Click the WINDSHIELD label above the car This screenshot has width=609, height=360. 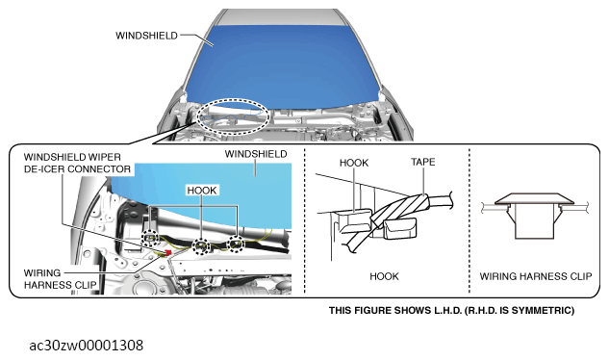coord(146,36)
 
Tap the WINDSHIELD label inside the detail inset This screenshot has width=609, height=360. coord(255,154)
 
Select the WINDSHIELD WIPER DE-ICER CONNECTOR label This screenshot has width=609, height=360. coord(77,162)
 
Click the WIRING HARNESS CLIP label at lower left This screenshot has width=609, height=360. coord(52,278)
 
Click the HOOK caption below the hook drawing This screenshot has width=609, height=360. coord(384,276)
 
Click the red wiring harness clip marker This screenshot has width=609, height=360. coord(169,252)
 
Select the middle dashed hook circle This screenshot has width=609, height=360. coord(201,246)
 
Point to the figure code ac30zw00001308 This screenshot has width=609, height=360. coord(87,344)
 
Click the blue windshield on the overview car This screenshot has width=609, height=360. coord(279,63)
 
